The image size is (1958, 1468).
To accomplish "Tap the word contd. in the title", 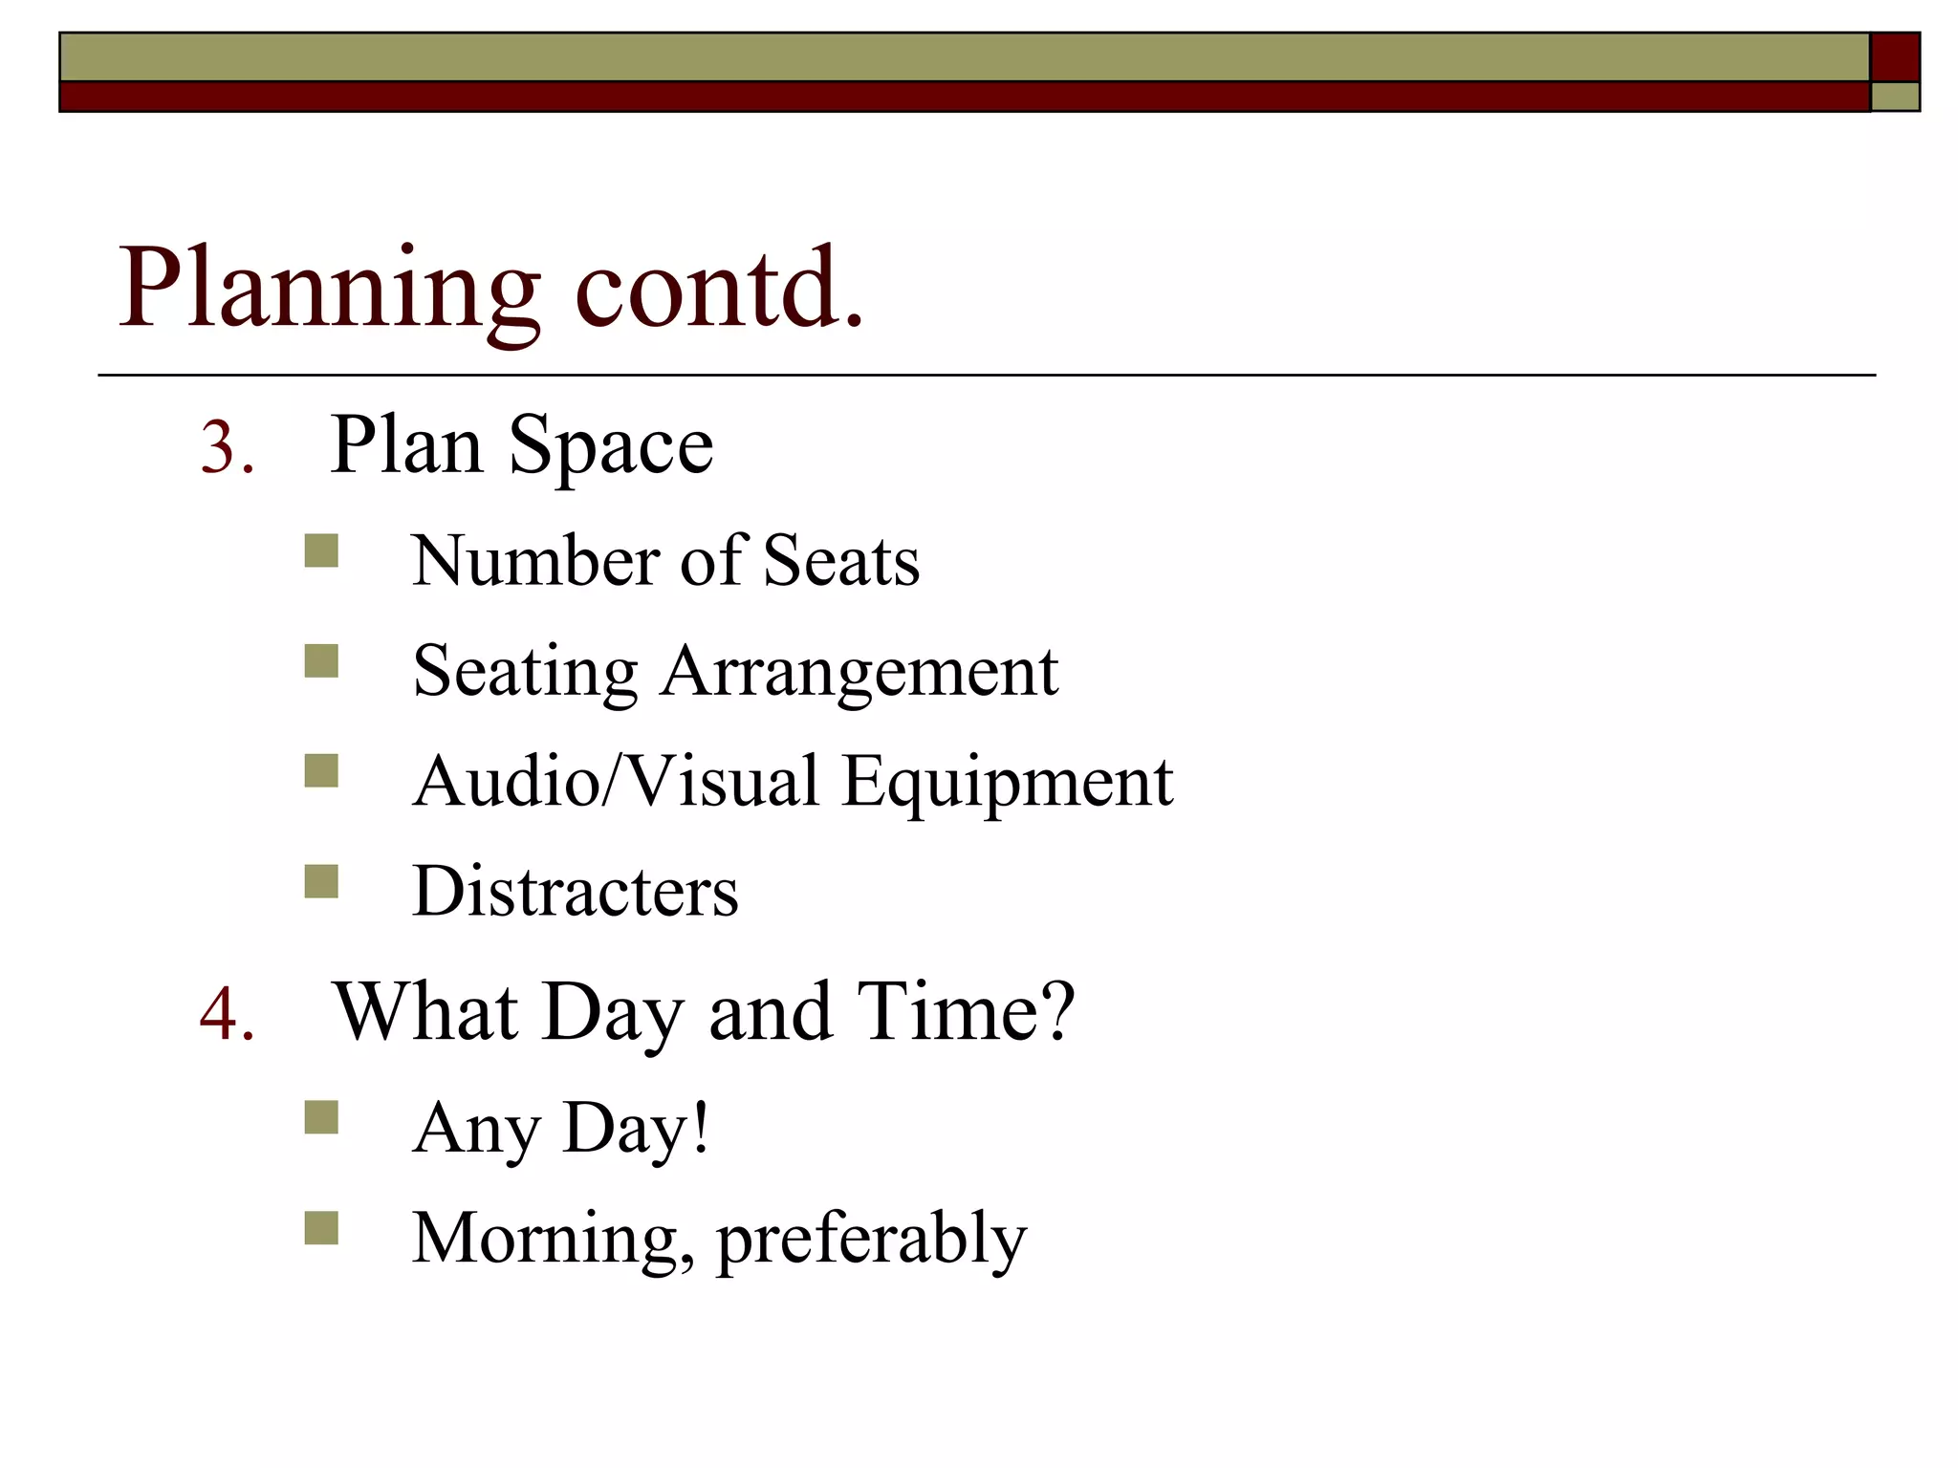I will point(719,288).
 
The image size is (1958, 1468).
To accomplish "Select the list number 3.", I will point(227,448).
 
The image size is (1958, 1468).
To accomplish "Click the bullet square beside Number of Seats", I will point(321,551).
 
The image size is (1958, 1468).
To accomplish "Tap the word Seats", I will point(841,561).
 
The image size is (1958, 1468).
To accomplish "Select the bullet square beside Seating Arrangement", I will point(321,661).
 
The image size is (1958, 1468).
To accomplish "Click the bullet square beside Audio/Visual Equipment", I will point(321,771).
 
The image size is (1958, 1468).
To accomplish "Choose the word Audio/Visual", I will point(616,782).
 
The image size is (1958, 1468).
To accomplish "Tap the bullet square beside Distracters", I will point(321,881).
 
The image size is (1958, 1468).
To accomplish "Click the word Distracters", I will point(576,892).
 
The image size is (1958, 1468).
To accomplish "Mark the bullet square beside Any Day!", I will point(321,1117).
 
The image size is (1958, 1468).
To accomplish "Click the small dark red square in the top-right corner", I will point(1895,57).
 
